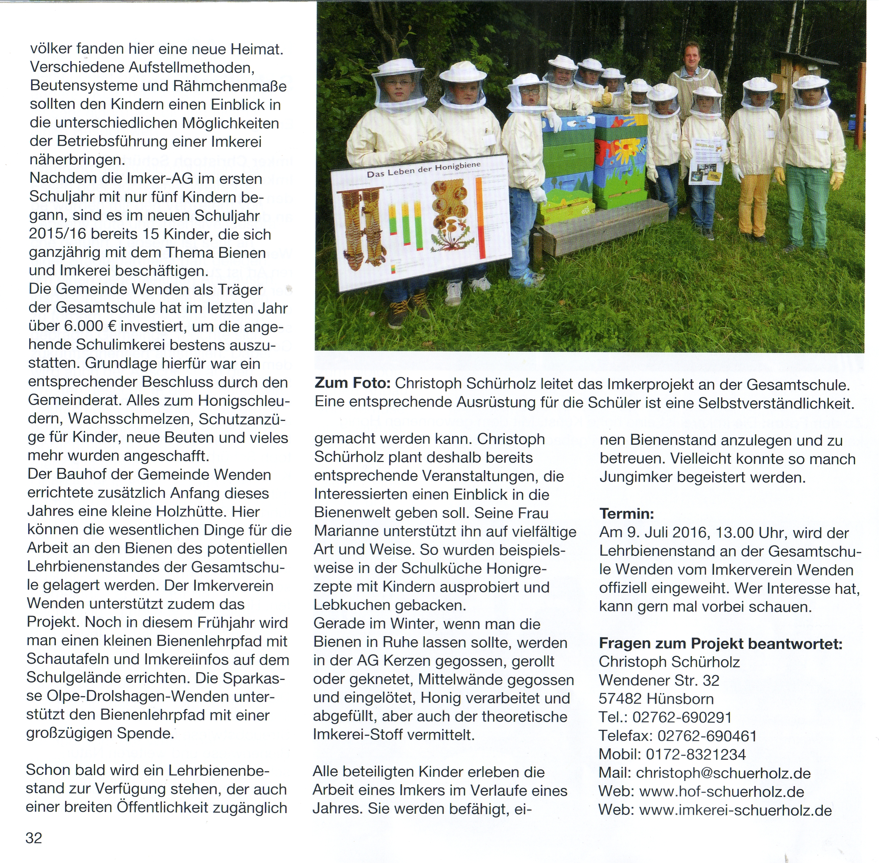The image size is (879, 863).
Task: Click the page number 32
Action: [x=34, y=837]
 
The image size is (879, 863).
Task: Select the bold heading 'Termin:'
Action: [x=627, y=513]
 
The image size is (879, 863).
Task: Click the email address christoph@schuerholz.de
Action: [x=723, y=773]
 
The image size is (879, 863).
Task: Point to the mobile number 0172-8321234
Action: [x=696, y=754]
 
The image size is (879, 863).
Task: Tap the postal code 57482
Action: [x=620, y=698]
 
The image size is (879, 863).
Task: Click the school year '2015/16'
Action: [x=58, y=234]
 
